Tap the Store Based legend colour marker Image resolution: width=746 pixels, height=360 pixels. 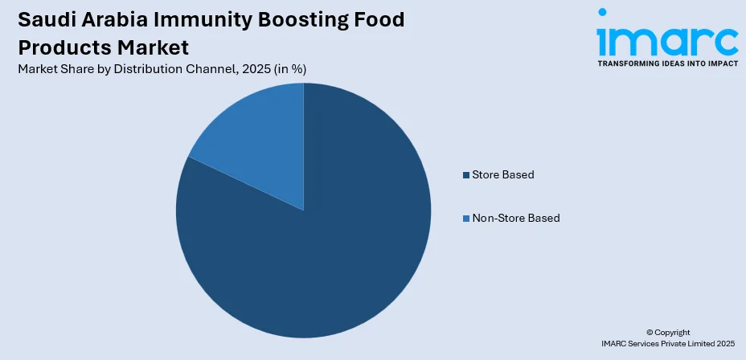click(x=465, y=175)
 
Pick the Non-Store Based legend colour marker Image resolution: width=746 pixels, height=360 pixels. click(x=465, y=219)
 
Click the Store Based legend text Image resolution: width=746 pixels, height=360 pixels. click(x=503, y=175)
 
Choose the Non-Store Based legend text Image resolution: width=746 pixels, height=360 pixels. click(x=516, y=219)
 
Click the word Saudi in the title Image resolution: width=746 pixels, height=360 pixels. click(x=47, y=19)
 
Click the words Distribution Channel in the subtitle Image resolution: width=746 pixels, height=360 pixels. click(x=161, y=69)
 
